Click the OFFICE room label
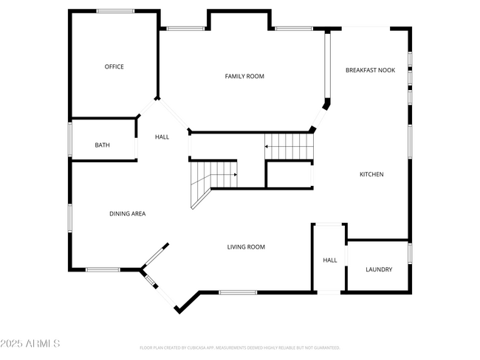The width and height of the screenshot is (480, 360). click(114, 67)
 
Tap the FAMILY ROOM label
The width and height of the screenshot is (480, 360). click(244, 77)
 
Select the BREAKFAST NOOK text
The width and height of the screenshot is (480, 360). click(370, 70)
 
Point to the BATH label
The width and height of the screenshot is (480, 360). click(102, 145)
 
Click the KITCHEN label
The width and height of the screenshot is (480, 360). click(371, 174)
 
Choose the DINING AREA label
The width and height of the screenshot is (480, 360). click(128, 214)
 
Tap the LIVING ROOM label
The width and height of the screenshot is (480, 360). click(246, 247)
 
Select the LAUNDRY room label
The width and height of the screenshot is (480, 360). click(379, 269)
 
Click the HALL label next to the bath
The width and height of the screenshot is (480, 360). click(162, 137)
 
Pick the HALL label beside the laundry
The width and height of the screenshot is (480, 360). click(329, 260)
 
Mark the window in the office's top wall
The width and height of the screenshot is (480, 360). click(116, 11)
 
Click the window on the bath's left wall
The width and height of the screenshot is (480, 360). click(70, 140)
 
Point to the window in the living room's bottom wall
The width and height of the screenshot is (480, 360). click(238, 292)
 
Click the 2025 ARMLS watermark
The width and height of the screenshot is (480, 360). click(31, 344)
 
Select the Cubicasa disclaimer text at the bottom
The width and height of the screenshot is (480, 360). click(239, 347)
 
